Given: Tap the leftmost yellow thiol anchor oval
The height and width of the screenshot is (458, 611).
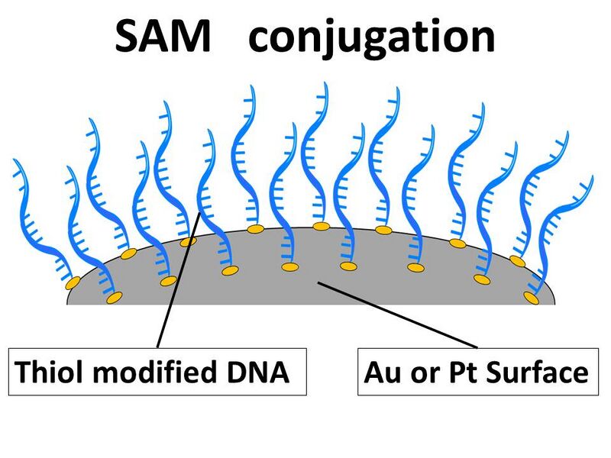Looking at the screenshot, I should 73,284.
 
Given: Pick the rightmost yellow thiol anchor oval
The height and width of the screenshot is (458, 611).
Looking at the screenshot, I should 532,298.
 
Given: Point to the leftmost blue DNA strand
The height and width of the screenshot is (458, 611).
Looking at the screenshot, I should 38,221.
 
